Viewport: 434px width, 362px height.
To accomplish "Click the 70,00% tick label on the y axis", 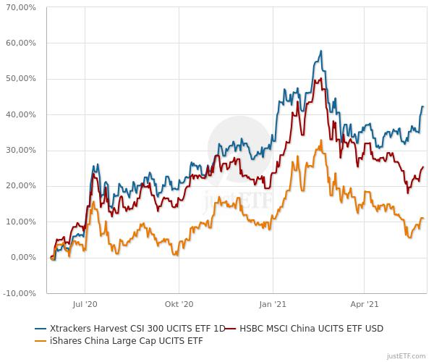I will (x=21, y=7).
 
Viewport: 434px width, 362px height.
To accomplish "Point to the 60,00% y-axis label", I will (x=21, y=43).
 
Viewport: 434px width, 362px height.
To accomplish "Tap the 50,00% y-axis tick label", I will (x=21, y=79).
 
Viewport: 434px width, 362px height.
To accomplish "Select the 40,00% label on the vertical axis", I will (x=21, y=114).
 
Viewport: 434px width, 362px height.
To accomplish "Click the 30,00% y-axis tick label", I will (x=21, y=151).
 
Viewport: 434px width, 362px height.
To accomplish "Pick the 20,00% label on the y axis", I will (x=21, y=186).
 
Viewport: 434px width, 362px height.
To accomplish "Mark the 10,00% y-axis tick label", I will (x=21, y=222).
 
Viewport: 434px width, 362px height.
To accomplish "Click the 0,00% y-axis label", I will (x=23, y=258).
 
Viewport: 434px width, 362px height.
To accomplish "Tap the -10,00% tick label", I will (x=20, y=293).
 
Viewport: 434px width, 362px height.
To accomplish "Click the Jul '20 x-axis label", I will (x=85, y=306).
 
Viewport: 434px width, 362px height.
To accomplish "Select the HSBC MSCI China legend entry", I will (x=307, y=328).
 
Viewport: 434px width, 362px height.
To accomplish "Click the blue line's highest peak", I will (x=320, y=51).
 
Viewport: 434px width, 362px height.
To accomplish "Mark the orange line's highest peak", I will (x=319, y=141).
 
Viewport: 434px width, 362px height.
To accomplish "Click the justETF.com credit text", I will (x=407, y=355).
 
